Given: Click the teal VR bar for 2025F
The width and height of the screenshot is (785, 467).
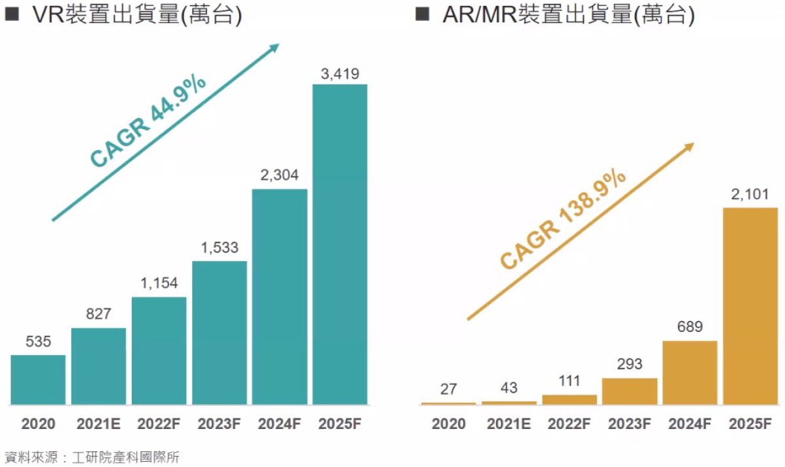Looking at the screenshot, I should [x=339, y=244].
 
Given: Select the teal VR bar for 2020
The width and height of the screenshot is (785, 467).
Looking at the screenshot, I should [x=38, y=379].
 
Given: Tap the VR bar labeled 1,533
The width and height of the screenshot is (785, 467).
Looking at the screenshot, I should [x=219, y=332].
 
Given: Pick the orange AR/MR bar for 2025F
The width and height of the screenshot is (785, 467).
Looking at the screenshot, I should [x=750, y=305].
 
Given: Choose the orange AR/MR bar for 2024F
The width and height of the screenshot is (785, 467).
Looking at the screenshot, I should [x=690, y=372].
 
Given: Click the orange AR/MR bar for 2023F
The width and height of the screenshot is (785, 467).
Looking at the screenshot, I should [x=629, y=391].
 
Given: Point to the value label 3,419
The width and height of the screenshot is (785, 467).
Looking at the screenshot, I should [x=339, y=74].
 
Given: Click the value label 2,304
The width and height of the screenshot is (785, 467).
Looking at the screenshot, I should [x=279, y=175].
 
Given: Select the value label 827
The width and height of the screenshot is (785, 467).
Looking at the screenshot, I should [x=98, y=314].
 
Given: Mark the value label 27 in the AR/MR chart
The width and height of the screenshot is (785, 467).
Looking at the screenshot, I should [x=448, y=389].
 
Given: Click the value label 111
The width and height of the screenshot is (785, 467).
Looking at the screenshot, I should [x=569, y=381].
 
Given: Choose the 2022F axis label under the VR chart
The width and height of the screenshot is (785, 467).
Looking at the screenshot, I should [x=159, y=424].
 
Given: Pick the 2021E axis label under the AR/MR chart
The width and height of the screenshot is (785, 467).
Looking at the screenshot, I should [x=508, y=424].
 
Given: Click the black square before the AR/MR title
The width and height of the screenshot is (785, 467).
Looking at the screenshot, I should [x=422, y=14].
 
